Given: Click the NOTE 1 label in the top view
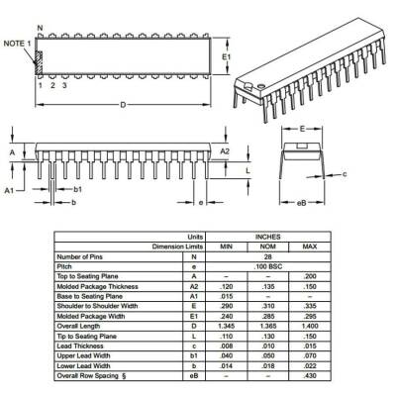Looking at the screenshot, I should (x=16, y=45).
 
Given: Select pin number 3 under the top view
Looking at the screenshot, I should (x=64, y=86).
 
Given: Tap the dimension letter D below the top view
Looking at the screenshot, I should (x=122, y=104).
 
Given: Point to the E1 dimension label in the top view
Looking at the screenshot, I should (x=227, y=56).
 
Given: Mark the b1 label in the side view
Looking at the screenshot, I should (x=77, y=188).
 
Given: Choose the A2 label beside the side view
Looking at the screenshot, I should (x=224, y=151).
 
